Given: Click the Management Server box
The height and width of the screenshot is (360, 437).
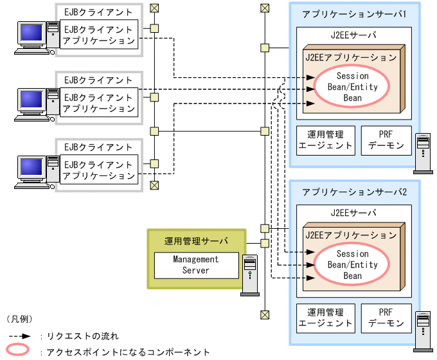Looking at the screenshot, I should pos(195,265).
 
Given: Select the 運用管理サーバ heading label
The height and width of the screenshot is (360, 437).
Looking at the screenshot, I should pos(196,241).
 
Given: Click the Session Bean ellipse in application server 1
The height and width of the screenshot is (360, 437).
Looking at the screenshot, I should pos(352,87).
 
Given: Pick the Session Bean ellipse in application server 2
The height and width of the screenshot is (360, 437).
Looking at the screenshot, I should pos(352,265).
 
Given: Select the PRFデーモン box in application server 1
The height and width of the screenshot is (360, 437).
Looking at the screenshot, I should pos(386,139).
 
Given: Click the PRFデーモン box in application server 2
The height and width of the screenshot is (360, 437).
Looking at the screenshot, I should pos(386,318).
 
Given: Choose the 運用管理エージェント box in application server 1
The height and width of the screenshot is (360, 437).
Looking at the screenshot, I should pos(326,139).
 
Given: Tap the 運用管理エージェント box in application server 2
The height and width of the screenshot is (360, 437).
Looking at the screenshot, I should pos(326,318).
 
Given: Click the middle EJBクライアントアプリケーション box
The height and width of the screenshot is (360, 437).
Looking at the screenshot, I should pos(99,103).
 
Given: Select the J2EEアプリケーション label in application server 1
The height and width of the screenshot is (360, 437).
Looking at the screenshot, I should pos(351,57).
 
